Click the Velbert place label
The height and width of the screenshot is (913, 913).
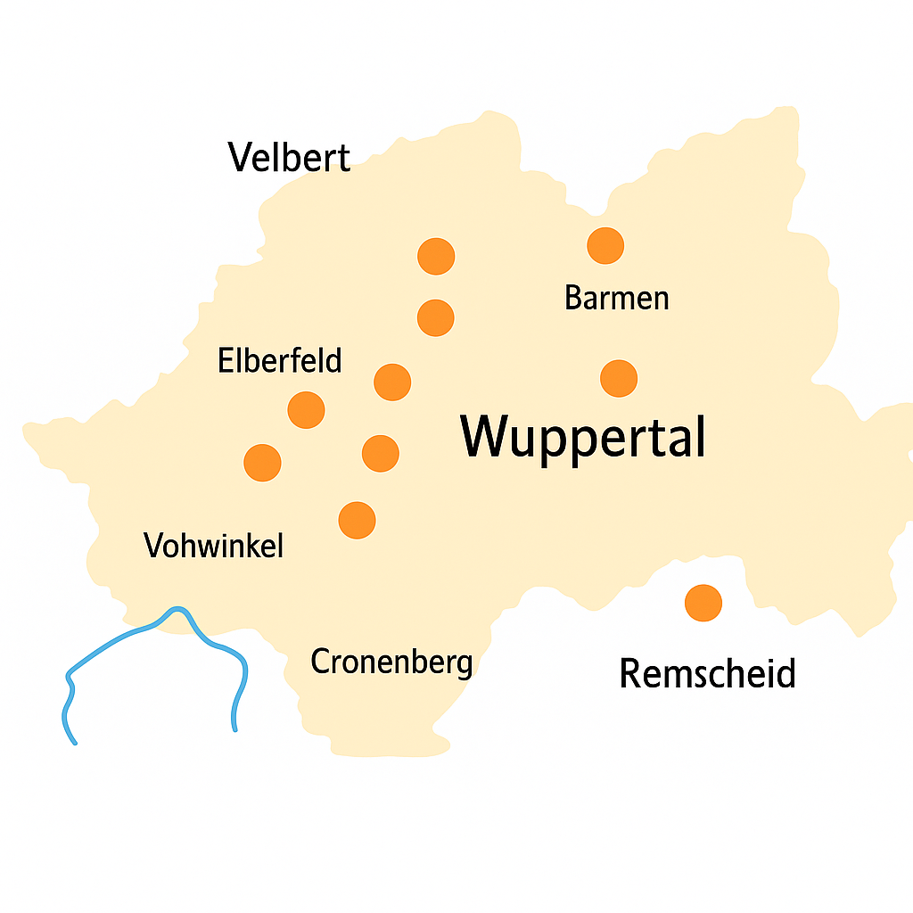click(289, 158)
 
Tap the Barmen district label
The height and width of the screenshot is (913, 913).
click(616, 298)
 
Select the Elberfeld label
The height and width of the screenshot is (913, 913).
click(279, 361)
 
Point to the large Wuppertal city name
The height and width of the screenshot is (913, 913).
click(583, 437)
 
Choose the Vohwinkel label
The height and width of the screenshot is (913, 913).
click(213, 545)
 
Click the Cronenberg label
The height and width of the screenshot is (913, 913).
click(391, 662)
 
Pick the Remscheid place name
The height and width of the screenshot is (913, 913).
click(707, 673)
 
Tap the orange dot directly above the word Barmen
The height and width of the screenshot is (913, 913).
click(605, 245)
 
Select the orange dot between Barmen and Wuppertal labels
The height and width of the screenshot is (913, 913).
click(619, 378)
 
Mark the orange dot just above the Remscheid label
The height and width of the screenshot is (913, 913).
click(703, 603)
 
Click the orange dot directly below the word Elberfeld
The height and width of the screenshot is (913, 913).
click(307, 410)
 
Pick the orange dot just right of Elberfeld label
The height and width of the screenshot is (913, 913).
click(392, 382)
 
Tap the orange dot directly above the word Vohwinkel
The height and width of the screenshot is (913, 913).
click(262, 463)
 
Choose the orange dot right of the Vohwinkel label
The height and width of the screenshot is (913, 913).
click(358, 520)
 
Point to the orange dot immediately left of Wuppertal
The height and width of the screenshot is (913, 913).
click(381, 453)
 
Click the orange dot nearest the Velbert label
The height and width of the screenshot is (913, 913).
click(436, 257)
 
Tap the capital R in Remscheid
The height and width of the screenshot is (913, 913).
click(631, 673)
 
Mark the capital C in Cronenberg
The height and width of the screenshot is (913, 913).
click(320, 662)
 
